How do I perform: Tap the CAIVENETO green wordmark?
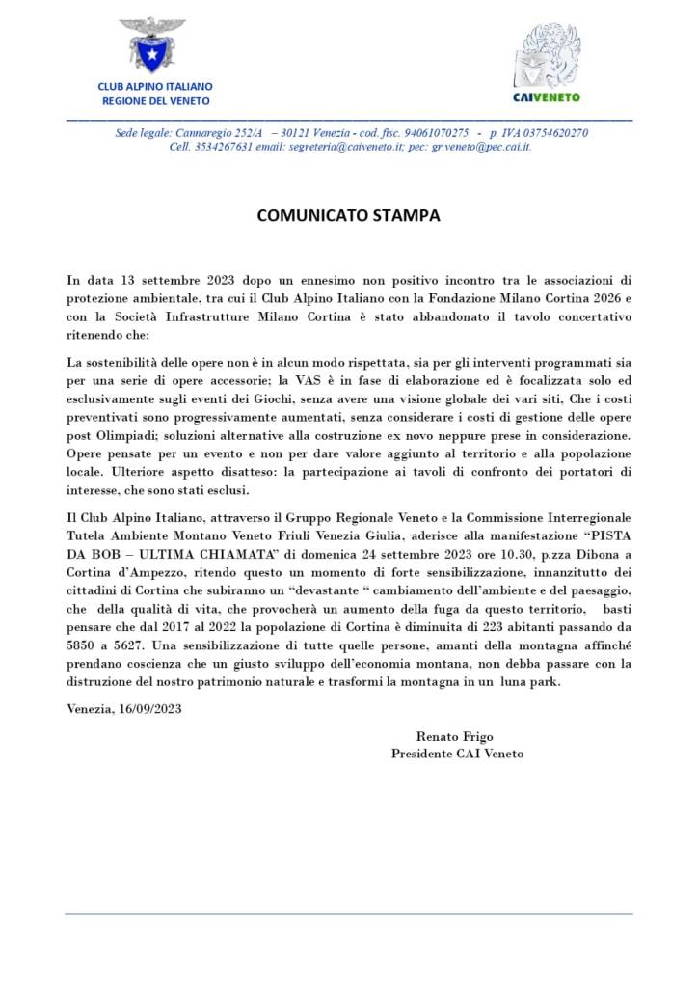click(x=546, y=96)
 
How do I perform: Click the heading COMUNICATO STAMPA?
click(x=348, y=215)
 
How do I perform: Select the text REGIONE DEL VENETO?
click(x=155, y=100)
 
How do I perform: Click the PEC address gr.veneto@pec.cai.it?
click(x=482, y=147)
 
